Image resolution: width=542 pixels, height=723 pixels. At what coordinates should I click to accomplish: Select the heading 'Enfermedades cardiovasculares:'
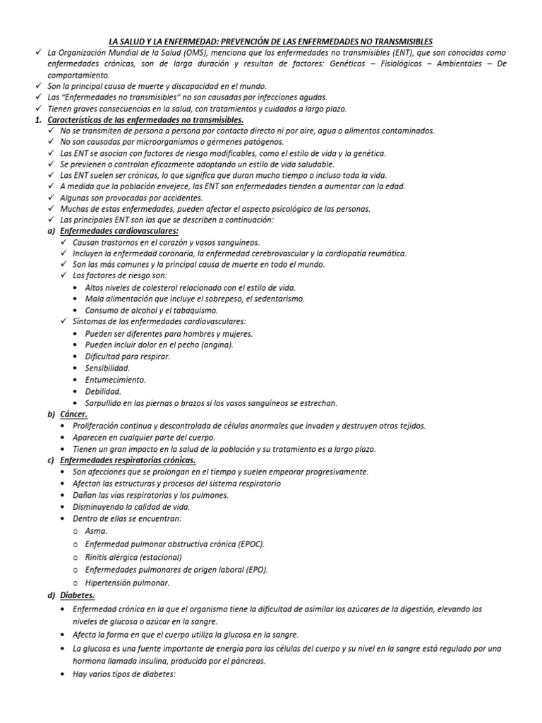[x=119, y=231]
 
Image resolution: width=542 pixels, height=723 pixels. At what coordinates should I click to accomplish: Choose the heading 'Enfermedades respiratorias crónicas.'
[x=128, y=460]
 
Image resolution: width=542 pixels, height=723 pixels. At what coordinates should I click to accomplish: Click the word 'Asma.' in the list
[x=96, y=530]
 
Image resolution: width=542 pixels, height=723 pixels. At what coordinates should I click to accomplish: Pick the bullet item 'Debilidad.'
[x=102, y=391]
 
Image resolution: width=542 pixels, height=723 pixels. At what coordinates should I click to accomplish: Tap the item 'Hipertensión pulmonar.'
[x=127, y=583]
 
